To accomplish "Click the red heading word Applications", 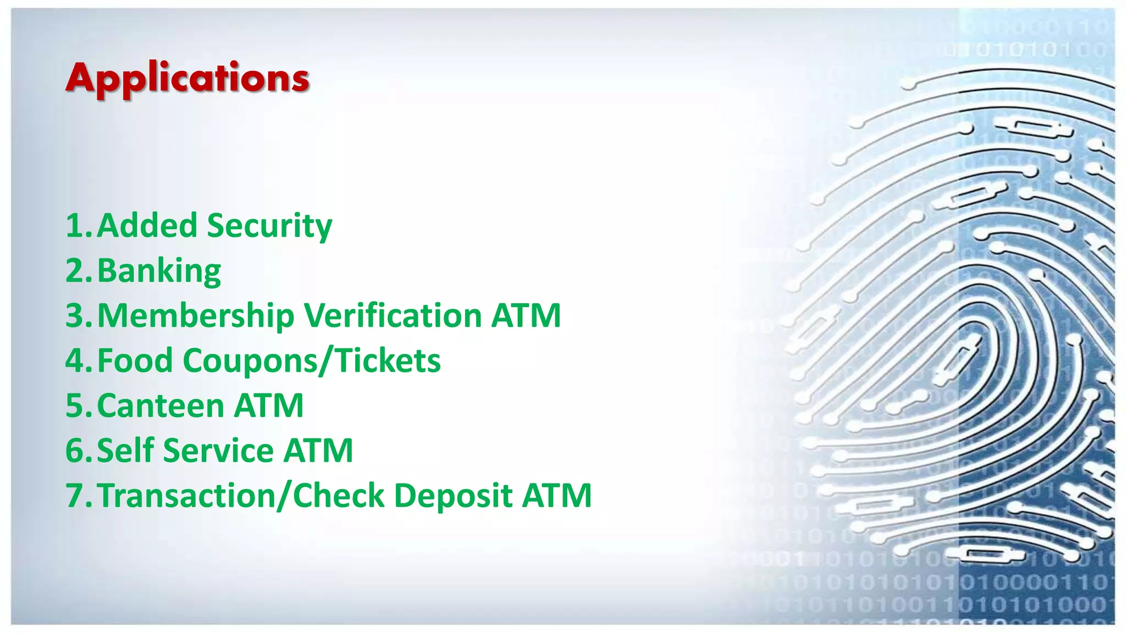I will point(187,79).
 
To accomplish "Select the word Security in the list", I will point(269,226).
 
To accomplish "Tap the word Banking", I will point(159,271).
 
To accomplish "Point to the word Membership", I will point(196,316).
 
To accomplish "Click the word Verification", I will point(393,315).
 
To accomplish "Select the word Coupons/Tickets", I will point(311,361).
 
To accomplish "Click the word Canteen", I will point(161,406).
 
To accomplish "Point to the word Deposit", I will point(453,496).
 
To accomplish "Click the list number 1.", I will point(75,226).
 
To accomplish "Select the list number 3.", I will point(75,316).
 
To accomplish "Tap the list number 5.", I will point(75,406).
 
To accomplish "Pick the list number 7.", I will point(75,496).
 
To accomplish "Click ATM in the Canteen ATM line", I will point(269,406).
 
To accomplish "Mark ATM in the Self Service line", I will point(318,451).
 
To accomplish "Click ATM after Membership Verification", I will point(526,315).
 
